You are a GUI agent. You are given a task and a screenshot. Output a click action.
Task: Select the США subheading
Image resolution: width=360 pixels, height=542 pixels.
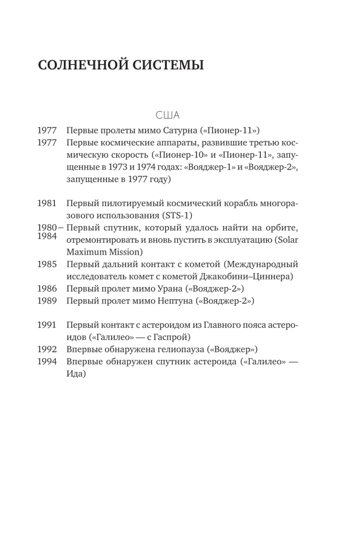pyautogui.click(x=168, y=115)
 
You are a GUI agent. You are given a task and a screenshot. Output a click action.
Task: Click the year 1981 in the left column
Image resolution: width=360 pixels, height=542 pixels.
pyautogui.click(x=47, y=203)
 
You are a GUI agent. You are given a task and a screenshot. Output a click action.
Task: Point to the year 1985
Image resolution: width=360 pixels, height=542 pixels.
pyautogui.click(x=47, y=264)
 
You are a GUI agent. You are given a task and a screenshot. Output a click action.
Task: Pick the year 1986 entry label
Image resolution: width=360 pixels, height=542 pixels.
pyautogui.click(x=47, y=288)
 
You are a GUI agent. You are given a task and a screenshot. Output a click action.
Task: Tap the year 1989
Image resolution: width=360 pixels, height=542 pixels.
pyautogui.click(x=47, y=300)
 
